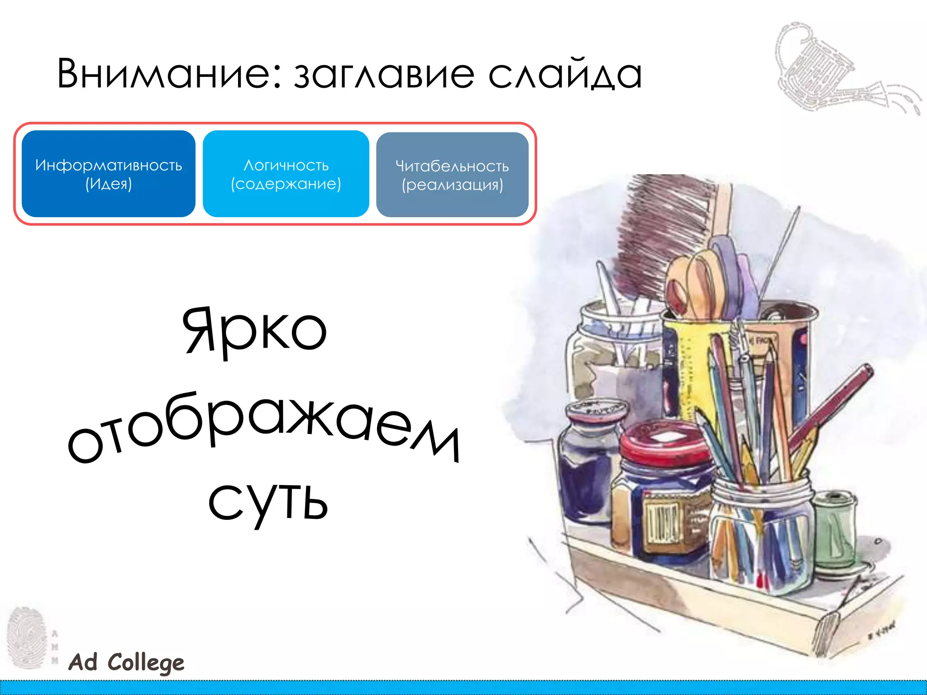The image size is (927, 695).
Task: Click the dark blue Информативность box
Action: click(x=109, y=174)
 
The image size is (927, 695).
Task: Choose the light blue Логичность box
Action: click(x=286, y=174)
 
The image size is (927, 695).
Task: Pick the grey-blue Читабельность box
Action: click(x=452, y=175)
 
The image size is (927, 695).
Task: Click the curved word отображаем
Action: click(x=263, y=428)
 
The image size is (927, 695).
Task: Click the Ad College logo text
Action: click(x=126, y=662)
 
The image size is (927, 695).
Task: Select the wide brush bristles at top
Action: click(x=661, y=226)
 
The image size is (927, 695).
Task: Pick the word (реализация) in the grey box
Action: click(x=452, y=185)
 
